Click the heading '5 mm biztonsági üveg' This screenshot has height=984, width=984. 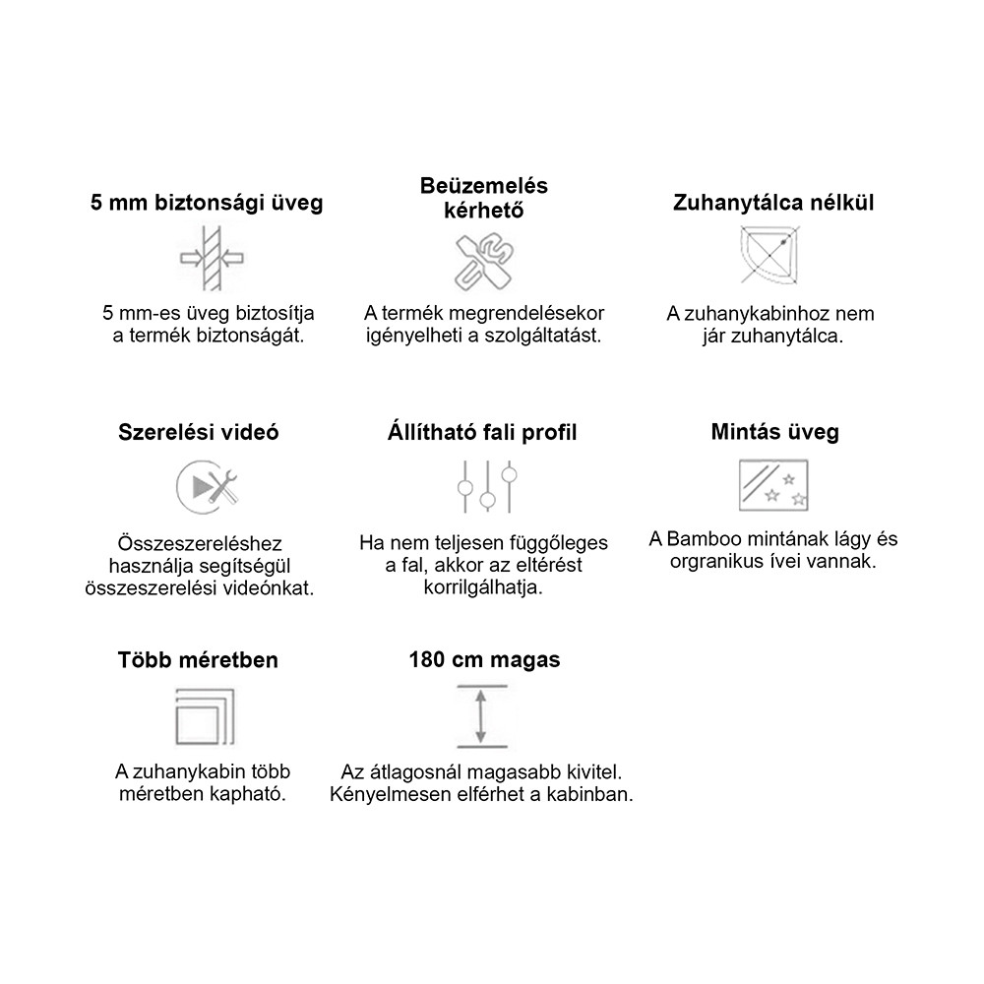[207, 204]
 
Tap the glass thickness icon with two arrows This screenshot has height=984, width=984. [211, 259]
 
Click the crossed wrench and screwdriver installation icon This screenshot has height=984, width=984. [482, 262]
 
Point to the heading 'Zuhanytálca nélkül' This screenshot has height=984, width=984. [773, 203]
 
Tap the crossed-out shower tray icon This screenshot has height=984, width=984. [772, 255]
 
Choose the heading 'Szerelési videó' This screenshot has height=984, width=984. [199, 432]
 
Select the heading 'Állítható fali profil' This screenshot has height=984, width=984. [482, 432]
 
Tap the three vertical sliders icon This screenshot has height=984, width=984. [486, 485]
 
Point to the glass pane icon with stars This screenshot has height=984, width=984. [773, 485]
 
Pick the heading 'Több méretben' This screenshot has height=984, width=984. [197, 659]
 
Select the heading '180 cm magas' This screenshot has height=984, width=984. [484, 659]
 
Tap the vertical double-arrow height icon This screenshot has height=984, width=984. [480, 717]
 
